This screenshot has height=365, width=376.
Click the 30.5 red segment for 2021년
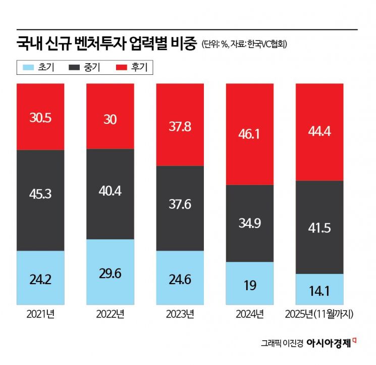coord(40,117)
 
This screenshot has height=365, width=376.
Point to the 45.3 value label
coord(40,194)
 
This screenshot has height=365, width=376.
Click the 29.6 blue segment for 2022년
coord(110,272)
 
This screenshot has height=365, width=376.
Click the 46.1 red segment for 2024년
coord(249,134)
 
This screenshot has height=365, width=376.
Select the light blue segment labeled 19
coord(249,285)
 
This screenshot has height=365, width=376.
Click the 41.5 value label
coord(319,228)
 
